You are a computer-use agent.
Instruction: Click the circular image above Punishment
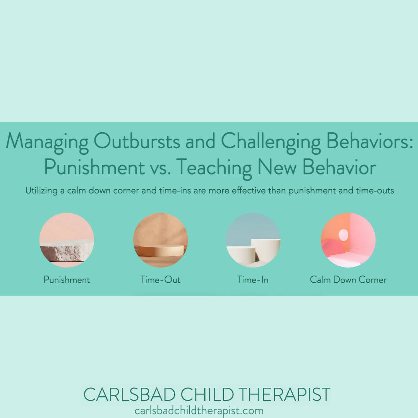67,240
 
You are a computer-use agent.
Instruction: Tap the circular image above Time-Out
160,240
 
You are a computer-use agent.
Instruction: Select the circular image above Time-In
253,240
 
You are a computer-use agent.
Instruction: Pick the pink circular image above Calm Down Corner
348,240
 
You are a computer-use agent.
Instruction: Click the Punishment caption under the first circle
67,279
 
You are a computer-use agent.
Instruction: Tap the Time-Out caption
160,279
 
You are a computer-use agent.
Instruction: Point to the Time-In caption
253,279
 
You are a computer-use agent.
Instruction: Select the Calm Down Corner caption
348,279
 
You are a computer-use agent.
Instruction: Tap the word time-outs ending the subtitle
375,191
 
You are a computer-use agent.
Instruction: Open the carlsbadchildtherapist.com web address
199,411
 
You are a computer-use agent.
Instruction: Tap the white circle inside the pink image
343,234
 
